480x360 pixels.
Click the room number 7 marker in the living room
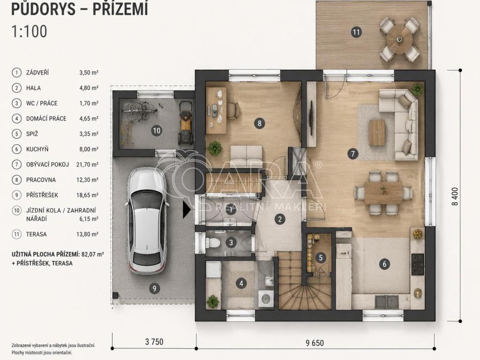click(352, 153)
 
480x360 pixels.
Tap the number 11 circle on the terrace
click(356, 32)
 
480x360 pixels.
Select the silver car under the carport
click(145, 220)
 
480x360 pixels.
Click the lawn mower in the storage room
click(186, 123)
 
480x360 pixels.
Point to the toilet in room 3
click(214, 243)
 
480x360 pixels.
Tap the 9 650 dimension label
click(315, 343)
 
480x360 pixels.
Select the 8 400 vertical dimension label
click(456, 196)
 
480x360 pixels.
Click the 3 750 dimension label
click(154, 342)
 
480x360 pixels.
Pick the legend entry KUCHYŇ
click(37, 149)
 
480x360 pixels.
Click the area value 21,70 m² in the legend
click(87, 165)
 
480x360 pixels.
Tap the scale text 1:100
click(29, 31)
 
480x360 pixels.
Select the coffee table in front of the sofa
click(377, 132)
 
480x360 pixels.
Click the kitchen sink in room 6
click(387, 301)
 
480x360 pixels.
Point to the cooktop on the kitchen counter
click(418, 264)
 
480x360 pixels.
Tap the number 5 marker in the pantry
click(321, 257)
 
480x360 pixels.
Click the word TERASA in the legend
click(37, 234)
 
